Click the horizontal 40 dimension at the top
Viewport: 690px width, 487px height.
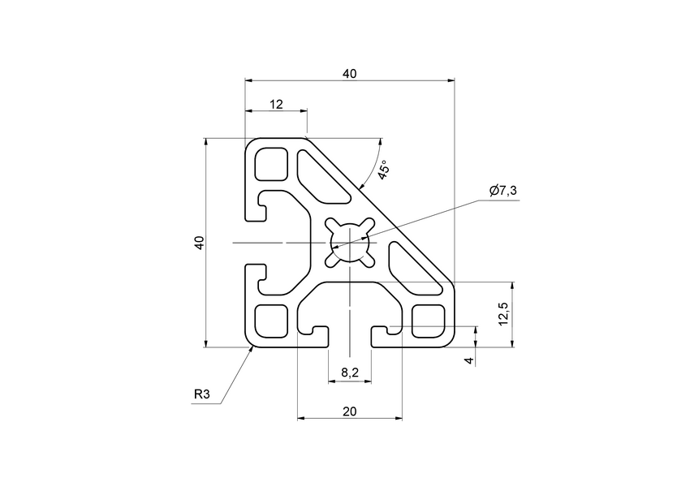[349, 74]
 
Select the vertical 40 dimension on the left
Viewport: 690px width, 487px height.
[199, 242]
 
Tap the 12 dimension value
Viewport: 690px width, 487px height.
[276, 104]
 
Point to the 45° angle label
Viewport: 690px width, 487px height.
[385, 169]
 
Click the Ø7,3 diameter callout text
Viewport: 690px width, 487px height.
[503, 191]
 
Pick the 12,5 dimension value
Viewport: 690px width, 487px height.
[503, 313]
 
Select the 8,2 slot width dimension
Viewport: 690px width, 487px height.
[349, 373]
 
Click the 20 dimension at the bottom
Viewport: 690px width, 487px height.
[349, 412]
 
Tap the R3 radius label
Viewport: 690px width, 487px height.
[202, 395]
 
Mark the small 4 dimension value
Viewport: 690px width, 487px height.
[468, 360]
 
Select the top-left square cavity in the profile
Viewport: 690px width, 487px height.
[272, 165]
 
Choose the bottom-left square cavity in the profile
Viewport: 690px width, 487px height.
[272, 320]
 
